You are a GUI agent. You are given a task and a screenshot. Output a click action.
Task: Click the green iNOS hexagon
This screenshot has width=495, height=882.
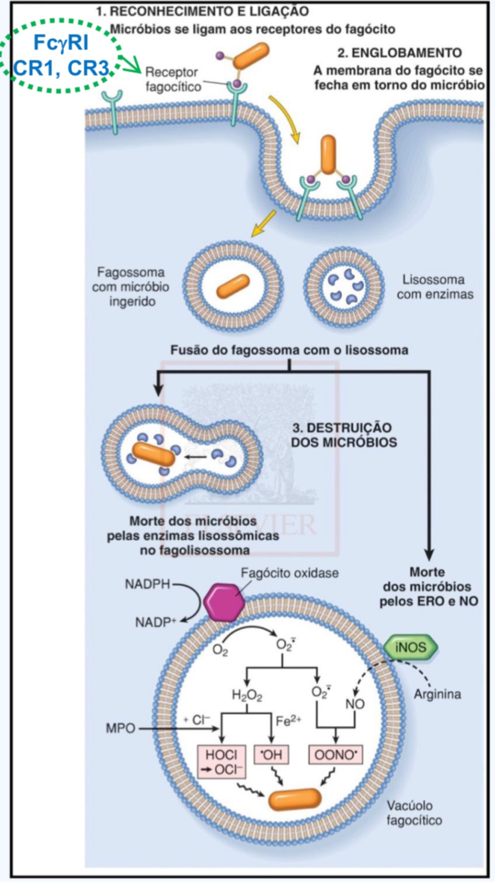click(x=410, y=648)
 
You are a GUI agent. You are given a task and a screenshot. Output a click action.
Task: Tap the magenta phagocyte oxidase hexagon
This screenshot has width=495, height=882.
click(x=224, y=602)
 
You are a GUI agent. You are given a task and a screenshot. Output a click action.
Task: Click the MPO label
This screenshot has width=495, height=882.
click(x=120, y=728)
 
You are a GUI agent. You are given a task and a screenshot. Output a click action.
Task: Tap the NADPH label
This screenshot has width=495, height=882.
click(x=147, y=585)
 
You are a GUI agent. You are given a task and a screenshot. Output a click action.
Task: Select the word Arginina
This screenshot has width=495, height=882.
click(x=437, y=694)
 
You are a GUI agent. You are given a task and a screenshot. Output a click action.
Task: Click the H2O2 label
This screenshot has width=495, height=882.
click(x=247, y=696)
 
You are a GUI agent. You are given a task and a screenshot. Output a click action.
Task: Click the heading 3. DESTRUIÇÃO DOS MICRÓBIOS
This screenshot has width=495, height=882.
click(x=344, y=435)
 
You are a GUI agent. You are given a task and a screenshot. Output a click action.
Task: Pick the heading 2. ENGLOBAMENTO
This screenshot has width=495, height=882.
click(x=399, y=53)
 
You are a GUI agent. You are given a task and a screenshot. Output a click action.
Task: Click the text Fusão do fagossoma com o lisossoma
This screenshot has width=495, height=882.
click(x=289, y=350)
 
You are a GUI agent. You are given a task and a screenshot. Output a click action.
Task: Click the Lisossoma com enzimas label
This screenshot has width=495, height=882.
click(x=435, y=287)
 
